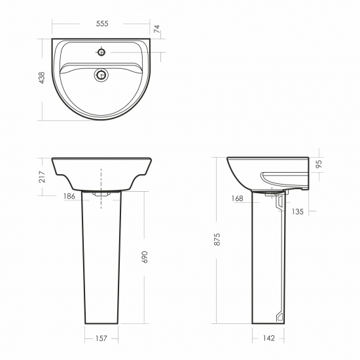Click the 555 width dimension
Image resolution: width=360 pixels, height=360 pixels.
102,24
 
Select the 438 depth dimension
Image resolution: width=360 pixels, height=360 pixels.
42,78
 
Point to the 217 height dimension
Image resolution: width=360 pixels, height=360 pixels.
42,177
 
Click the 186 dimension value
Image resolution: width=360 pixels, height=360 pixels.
69,196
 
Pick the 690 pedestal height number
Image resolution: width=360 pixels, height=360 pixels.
145,257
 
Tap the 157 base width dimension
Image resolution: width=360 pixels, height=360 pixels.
101,338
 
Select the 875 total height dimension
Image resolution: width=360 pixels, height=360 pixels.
217,239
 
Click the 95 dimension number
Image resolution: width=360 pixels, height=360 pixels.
319,164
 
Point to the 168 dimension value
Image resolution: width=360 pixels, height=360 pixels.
237,198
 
